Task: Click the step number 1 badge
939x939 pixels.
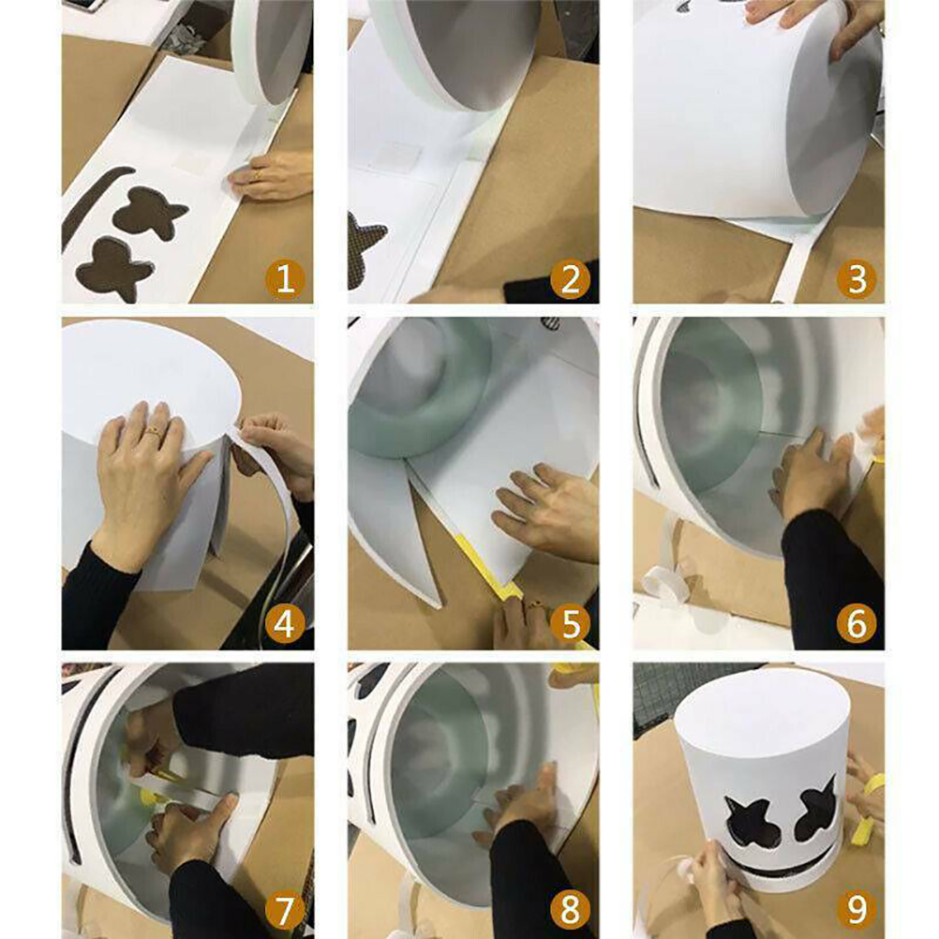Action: [x=285, y=279]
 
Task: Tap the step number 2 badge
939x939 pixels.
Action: [x=570, y=279]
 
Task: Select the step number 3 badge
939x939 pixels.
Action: [x=857, y=279]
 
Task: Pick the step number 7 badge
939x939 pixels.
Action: [x=285, y=909]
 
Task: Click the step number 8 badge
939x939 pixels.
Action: [x=570, y=909]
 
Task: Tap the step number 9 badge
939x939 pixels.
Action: [x=857, y=909]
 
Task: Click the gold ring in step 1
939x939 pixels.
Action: [x=258, y=175]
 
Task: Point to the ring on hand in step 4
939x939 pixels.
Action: [x=155, y=430]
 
